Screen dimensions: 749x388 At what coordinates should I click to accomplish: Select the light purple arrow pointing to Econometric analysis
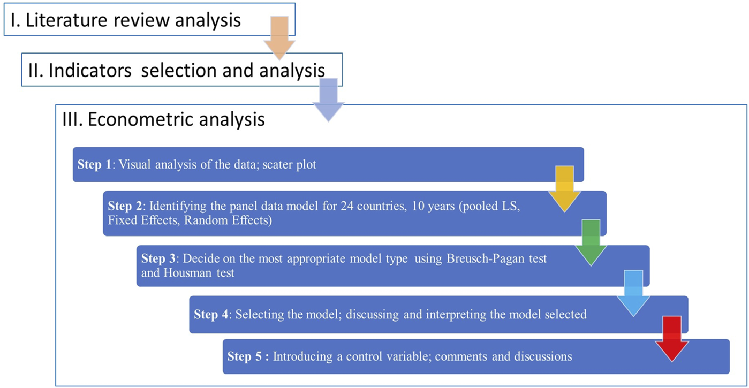click(328, 99)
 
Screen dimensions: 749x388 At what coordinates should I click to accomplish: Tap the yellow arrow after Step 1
click(564, 188)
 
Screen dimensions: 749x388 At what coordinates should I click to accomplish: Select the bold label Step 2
click(126, 206)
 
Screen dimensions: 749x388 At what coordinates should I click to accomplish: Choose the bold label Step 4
click(211, 314)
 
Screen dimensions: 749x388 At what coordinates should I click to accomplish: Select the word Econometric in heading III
click(135, 119)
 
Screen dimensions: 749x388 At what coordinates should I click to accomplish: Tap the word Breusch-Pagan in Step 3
click(477, 258)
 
